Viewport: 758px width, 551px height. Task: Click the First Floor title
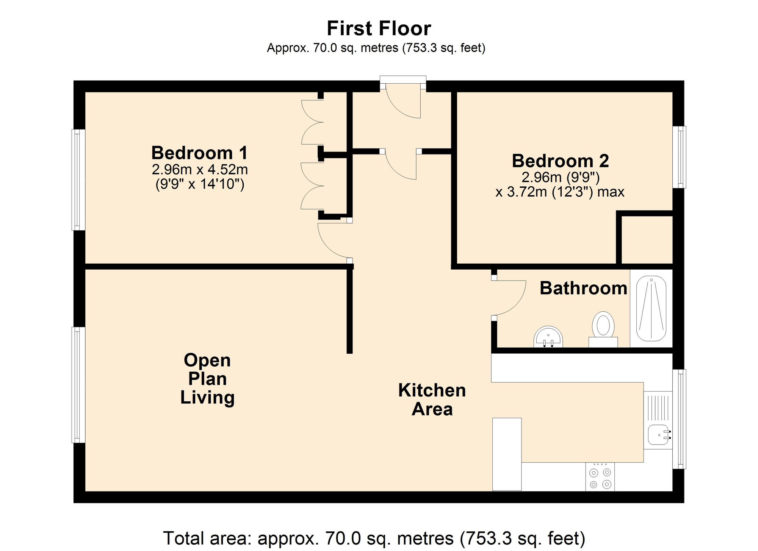(379, 28)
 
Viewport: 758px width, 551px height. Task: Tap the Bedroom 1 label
(199, 153)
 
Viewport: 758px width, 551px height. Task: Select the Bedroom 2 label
(560, 161)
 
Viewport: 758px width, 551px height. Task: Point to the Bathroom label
(583, 288)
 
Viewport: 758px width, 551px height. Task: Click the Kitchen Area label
(432, 400)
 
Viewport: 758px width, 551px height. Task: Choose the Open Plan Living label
(207, 379)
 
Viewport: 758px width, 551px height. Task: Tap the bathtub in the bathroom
(652, 309)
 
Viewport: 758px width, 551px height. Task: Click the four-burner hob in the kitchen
(600, 477)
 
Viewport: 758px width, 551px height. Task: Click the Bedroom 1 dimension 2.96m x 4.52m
(200, 169)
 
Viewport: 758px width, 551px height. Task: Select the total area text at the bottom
(374, 538)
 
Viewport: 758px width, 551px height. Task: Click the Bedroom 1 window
(78, 180)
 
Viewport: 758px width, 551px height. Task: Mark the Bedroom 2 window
(679, 157)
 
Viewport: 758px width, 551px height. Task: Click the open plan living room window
(78, 385)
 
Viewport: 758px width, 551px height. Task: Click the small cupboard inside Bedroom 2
(647, 239)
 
